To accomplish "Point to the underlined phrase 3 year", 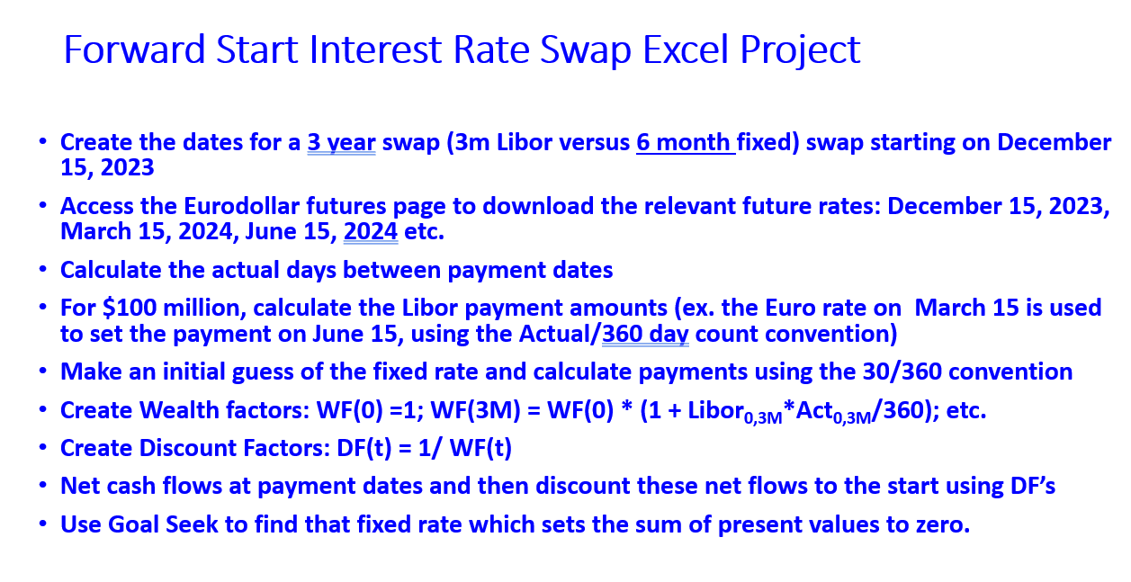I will pos(341,143).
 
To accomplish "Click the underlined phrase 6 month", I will pos(685,143).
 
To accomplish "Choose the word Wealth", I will pos(173,410).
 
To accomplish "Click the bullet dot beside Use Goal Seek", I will pos(42,524).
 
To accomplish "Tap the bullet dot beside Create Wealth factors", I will pos(42,410).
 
